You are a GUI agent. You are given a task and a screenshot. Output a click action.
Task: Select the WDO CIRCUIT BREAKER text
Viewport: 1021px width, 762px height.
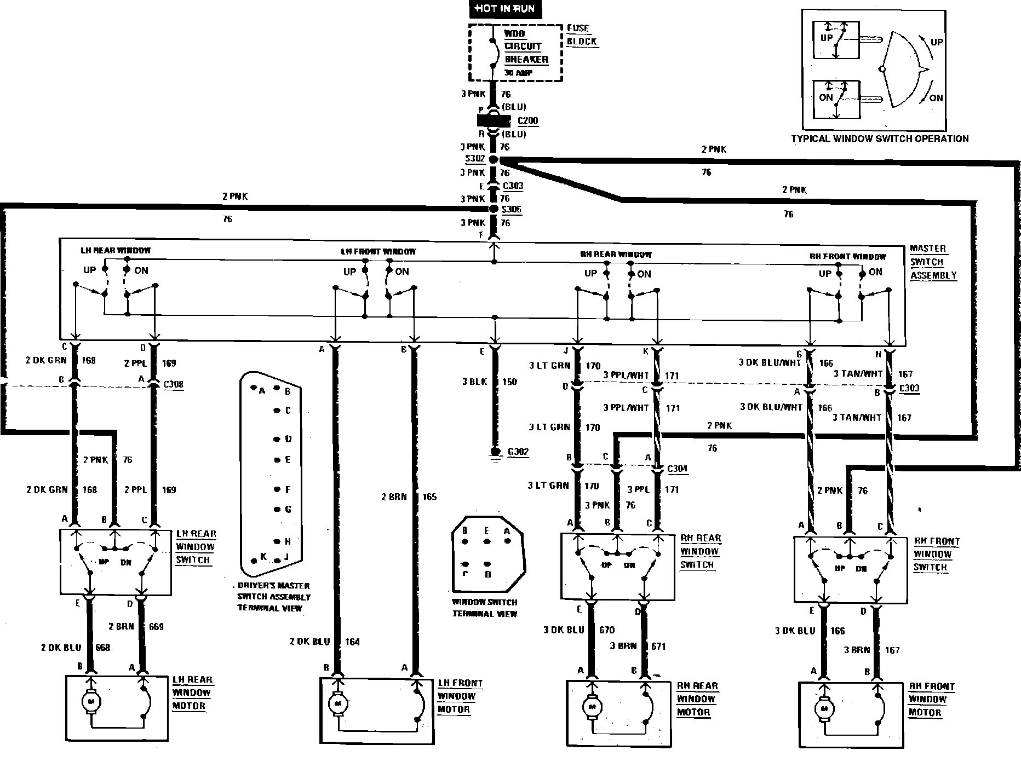(x=525, y=47)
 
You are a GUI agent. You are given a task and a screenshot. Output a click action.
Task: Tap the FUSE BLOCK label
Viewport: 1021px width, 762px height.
(x=581, y=35)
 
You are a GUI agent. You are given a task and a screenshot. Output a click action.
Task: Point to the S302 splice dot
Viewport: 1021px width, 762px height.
(x=494, y=159)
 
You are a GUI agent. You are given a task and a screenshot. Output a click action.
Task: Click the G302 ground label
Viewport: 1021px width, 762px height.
(x=518, y=452)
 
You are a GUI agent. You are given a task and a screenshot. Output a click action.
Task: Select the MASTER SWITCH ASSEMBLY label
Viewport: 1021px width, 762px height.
(x=933, y=262)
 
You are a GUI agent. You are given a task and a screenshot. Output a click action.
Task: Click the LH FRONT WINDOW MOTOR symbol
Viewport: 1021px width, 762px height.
(x=337, y=703)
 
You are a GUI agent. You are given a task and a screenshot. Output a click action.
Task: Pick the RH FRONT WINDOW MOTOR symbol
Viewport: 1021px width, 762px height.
(x=824, y=708)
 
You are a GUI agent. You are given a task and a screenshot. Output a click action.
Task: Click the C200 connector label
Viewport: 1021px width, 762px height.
(x=527, y=121)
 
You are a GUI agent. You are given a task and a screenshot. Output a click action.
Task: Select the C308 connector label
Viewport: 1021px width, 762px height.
(x=173, y=384)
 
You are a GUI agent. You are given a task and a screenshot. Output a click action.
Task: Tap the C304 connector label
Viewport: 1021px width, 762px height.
(x=677, y=469)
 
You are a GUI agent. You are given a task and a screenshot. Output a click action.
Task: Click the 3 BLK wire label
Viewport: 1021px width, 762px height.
(x=474, y=382)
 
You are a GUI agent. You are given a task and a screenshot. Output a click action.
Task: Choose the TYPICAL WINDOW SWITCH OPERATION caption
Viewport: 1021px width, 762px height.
(x=880, y=138)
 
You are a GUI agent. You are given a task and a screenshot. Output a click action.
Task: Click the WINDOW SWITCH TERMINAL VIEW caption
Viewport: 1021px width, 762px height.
(x=484, y=608)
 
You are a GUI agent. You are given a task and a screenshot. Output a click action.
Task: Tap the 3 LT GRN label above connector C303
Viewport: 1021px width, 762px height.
(x=550, y=366)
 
